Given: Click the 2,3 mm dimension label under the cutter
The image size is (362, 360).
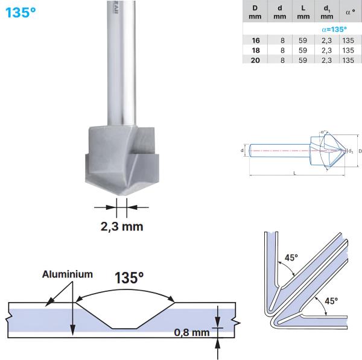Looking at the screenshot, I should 121,227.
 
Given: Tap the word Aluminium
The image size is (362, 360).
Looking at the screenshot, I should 68,274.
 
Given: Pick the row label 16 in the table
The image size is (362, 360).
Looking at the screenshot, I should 255,39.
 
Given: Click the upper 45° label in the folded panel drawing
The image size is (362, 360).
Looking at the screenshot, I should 291,257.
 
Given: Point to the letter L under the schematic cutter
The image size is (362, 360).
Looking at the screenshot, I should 294,174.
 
